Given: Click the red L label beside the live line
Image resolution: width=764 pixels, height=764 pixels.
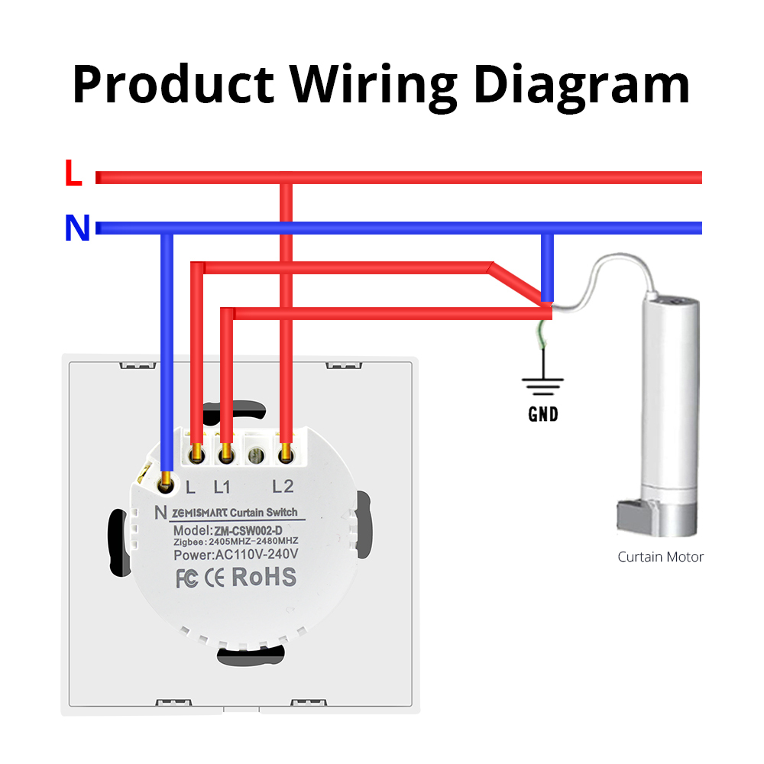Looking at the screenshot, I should click(x=73, y=175).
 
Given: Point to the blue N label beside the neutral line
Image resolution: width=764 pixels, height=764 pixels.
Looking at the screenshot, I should click(x=77, y=228).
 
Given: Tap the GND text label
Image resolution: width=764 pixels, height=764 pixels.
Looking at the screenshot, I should click(x=543, y=415).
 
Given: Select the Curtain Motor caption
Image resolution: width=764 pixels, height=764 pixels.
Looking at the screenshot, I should click(x=660, y=557).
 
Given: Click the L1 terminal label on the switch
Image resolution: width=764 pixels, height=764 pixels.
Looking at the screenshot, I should click(x=222, y=486).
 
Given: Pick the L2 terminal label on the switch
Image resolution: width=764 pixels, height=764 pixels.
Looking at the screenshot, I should click(x=283, y=486).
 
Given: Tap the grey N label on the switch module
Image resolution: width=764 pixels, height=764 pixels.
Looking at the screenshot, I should click(x=160, y=513).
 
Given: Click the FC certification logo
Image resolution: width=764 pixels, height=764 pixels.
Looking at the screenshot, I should click(x=186, y=579).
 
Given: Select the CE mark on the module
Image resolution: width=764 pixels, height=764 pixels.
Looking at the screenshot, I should click(x=215, y=578).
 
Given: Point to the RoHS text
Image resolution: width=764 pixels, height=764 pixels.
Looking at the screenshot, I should click(x=264, y=578).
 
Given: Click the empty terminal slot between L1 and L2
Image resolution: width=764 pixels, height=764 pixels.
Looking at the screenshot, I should click(x=254, y=455).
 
